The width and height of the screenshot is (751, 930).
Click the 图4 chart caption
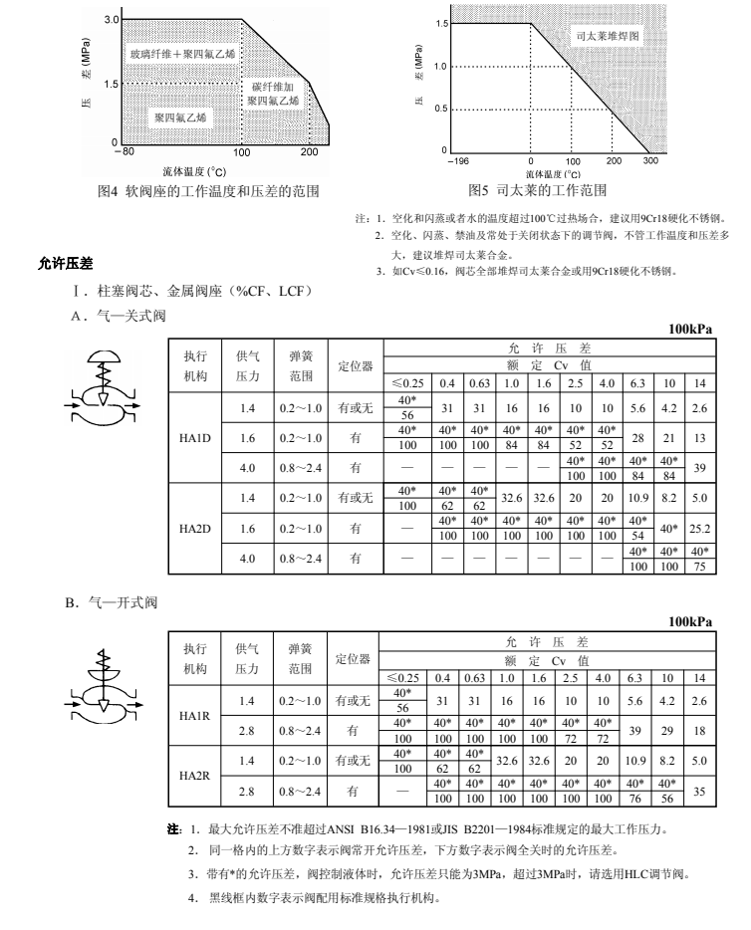(208, 191)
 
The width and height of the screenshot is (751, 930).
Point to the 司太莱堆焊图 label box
(609, 36)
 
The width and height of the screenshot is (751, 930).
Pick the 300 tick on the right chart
(649, 160)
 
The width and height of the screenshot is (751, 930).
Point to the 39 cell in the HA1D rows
(700, 467)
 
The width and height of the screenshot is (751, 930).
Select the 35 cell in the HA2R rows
(700, 791)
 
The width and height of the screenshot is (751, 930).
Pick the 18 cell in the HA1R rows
(700, 730)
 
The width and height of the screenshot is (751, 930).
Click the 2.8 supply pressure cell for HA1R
(247, 730)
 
